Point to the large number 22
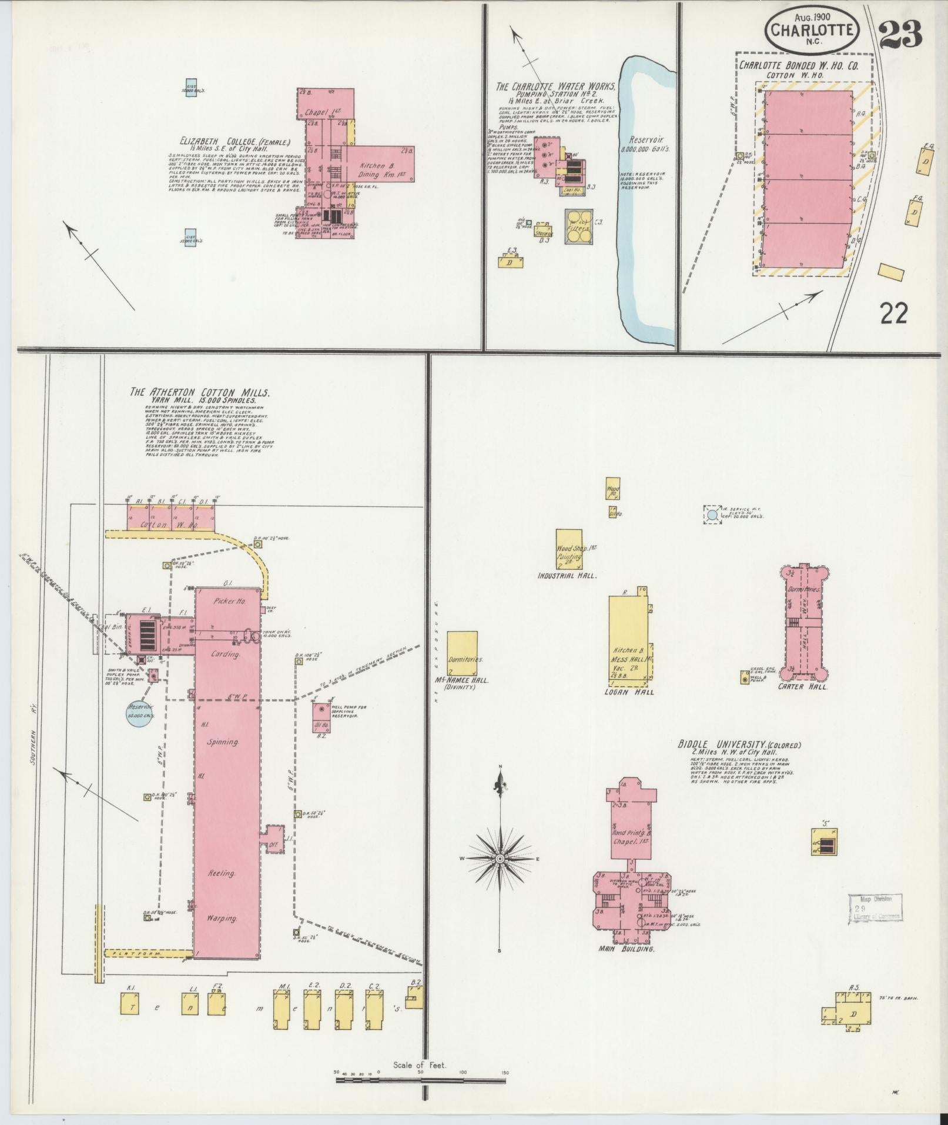coord(894,313)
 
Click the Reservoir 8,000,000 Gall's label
coord(645,145)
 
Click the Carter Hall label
coord(802,686)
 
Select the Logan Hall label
coord(629,692)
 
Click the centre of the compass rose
coord(500,859)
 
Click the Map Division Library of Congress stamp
coord(875,924)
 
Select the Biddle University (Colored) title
coord(739,745)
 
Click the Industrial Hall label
coord(568,576)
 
